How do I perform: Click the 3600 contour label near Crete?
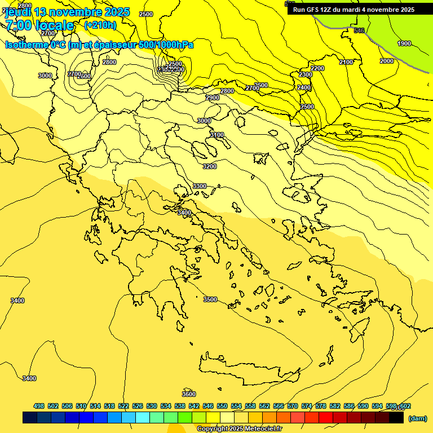pos(189,394)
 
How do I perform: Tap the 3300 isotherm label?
pos(200,186)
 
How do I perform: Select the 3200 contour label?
pos(210,166)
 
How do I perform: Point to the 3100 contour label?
pos(217,135)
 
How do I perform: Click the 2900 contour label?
pos(213,98)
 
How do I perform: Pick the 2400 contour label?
pos(304,87)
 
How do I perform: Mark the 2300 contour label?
pos(306,74)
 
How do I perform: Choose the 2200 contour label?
pos(317,68)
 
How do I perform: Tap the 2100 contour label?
pos(346,62)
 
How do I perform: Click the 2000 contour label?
pos(386,61)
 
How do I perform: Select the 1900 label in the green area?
pos(404,43)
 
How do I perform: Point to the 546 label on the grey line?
pos(359,30)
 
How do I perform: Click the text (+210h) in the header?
pos(100,25)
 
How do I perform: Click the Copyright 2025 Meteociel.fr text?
pos(239,429)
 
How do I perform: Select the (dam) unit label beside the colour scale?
pos(417,418)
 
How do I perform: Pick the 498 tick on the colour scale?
pos(39,406)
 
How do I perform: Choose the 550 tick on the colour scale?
pos(222,406)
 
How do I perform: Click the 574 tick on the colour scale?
pos(307,406)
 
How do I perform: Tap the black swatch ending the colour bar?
pos(396,418)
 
